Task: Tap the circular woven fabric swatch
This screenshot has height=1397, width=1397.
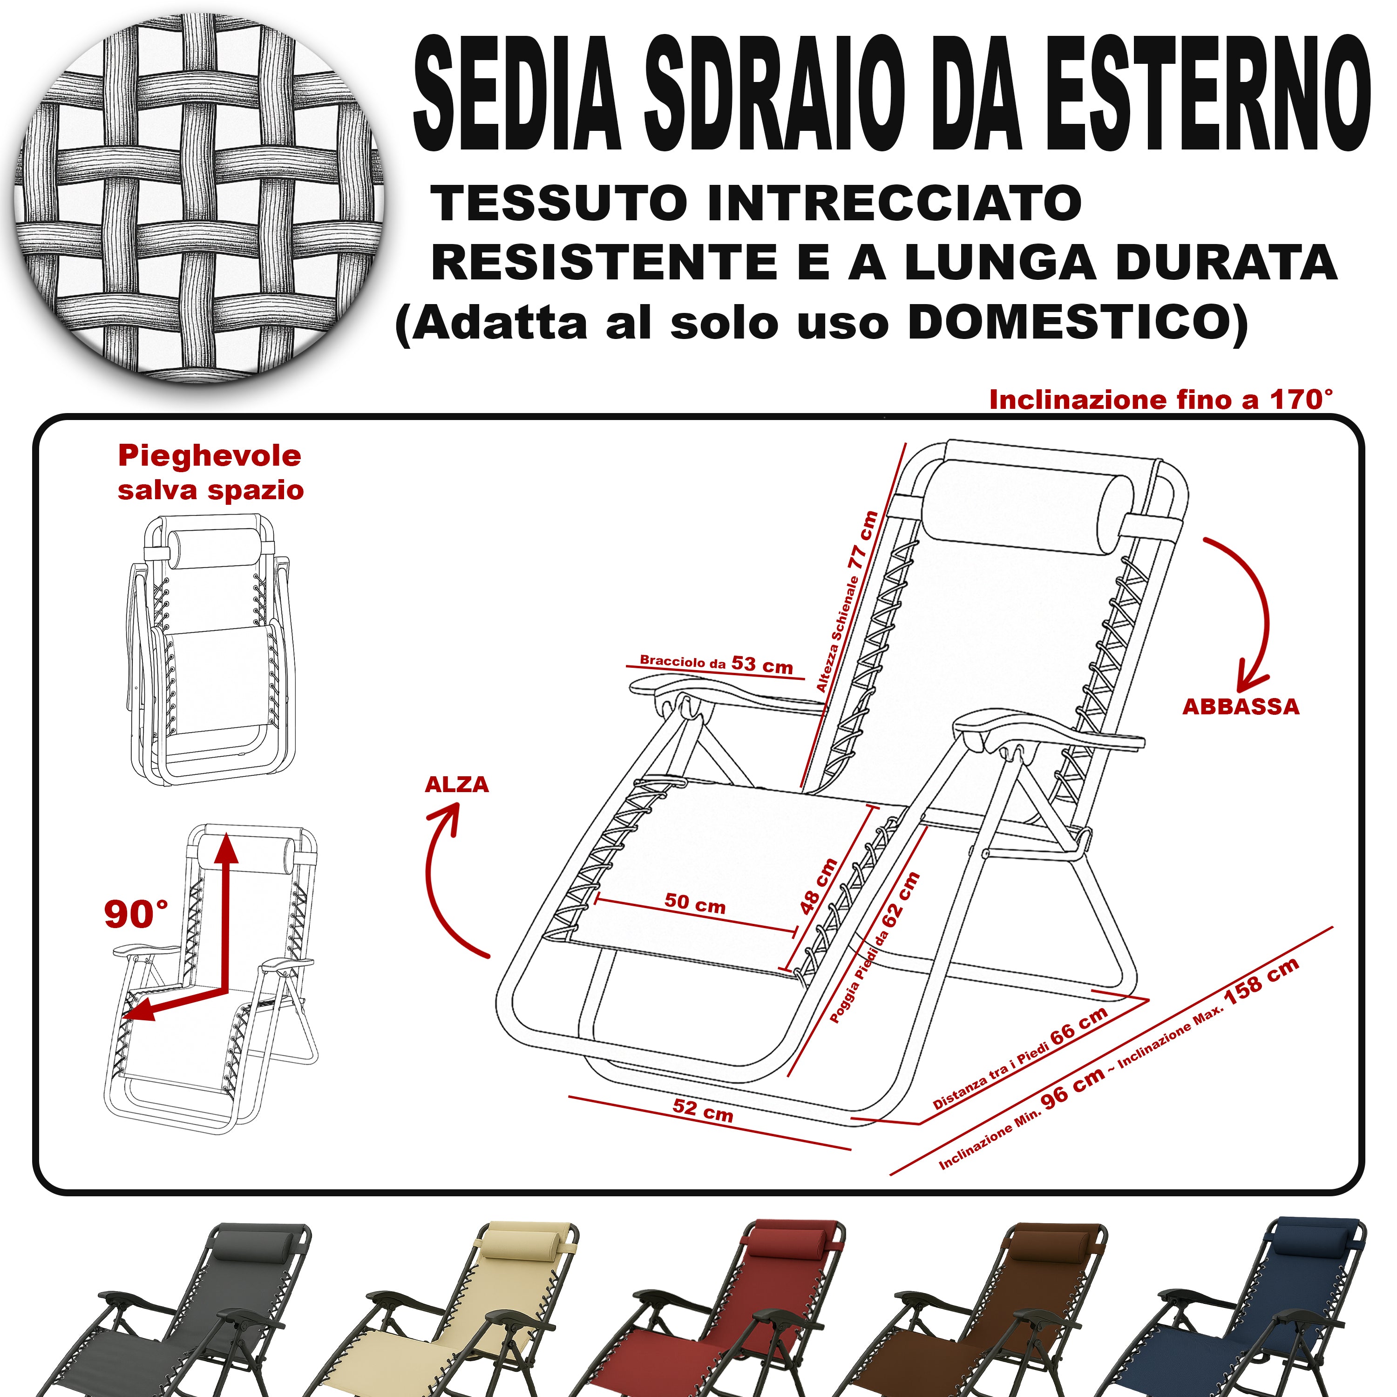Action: pos(199,199)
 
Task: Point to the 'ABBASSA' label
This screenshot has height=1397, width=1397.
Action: pos(1241,707)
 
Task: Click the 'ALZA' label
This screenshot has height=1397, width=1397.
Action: pos(457,785)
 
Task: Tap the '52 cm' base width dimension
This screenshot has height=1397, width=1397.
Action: pos(703,1109)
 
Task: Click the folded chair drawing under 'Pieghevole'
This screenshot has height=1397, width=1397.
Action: pos(210,651)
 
